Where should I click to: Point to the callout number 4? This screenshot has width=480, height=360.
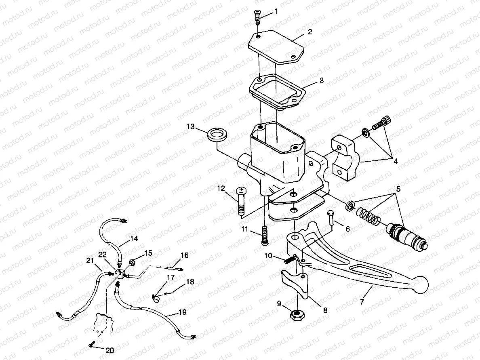click(x=396, y=162)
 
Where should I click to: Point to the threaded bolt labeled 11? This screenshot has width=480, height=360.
click(x=265, y=235)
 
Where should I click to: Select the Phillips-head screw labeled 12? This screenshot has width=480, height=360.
click(x=241, y=202)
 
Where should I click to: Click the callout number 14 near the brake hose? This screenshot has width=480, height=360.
click(x=134, y=239)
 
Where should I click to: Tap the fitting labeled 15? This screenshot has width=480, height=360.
click(x=132, y=262)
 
